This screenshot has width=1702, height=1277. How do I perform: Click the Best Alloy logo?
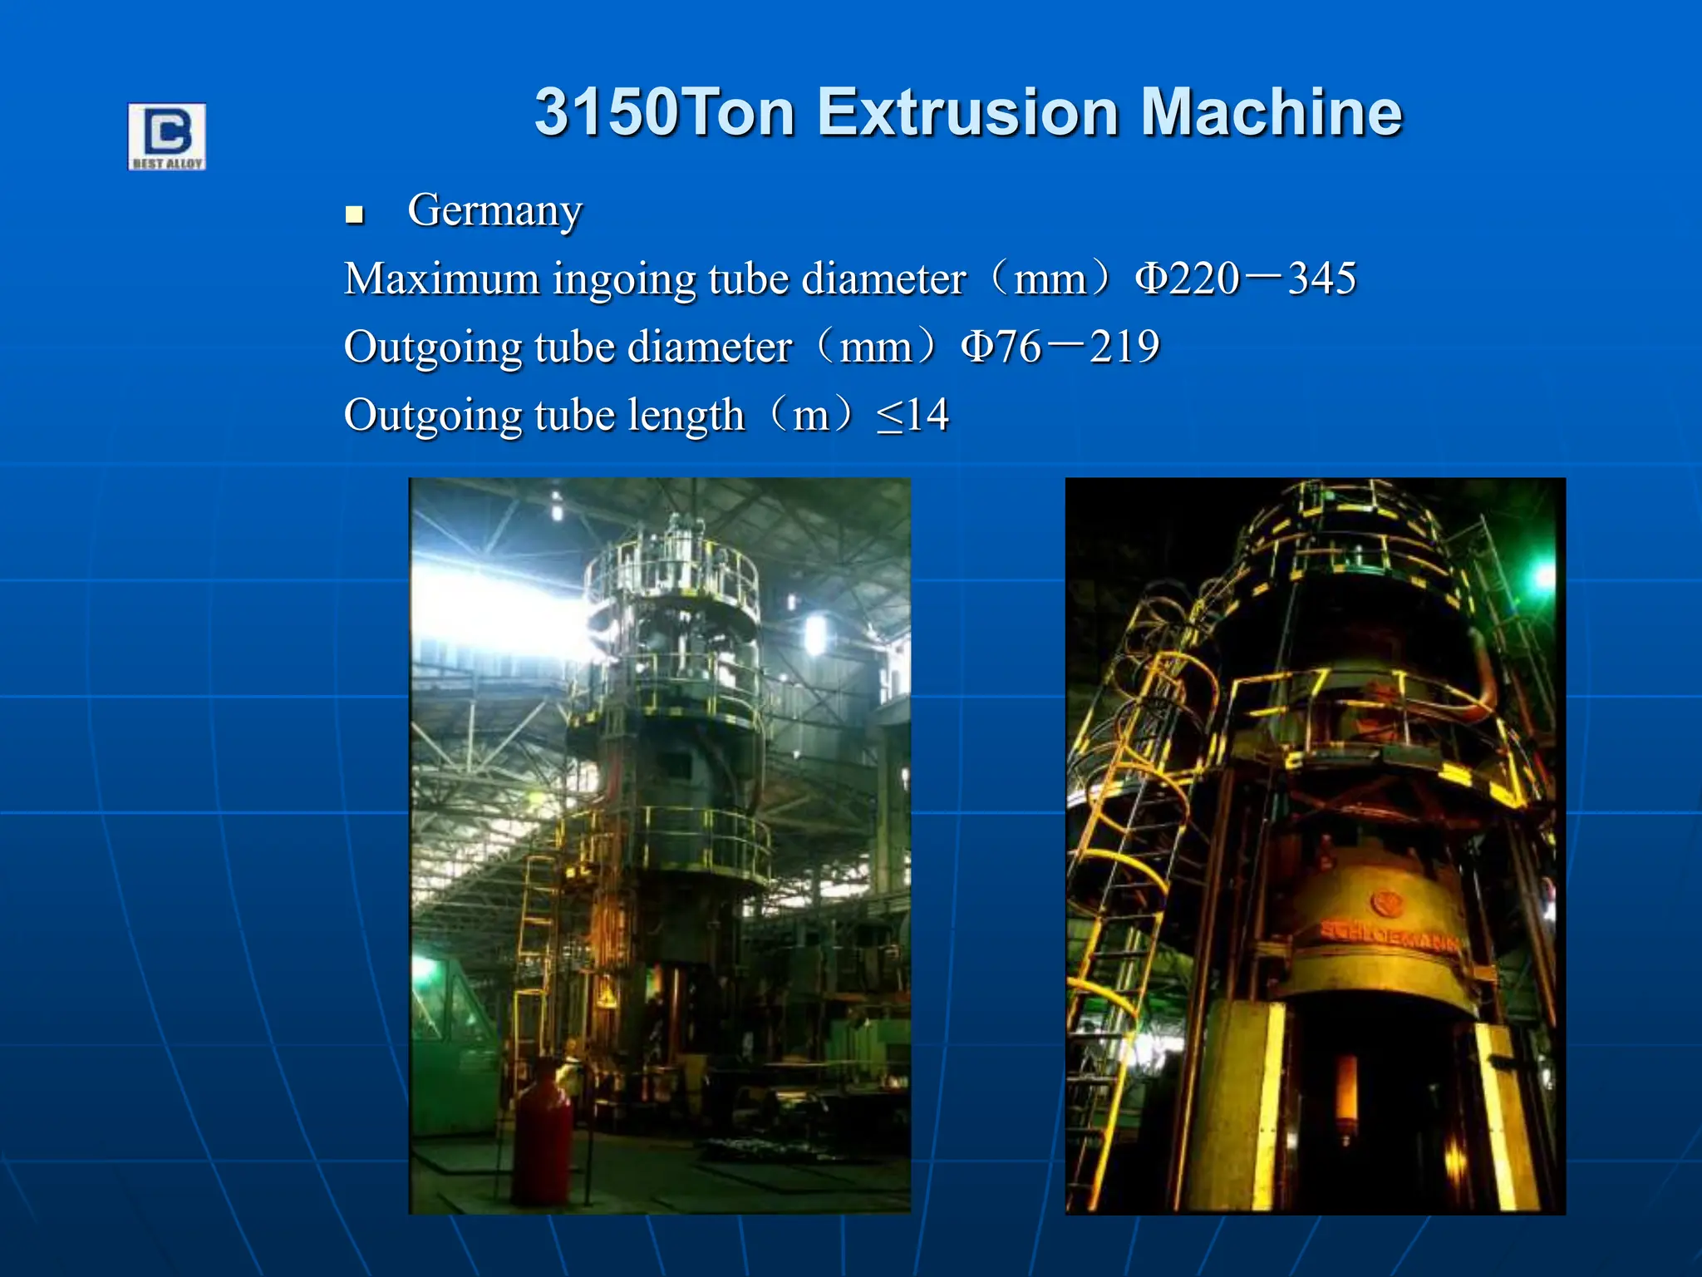[x=166, y=136]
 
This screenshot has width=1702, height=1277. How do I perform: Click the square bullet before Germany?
[x=355, y=214]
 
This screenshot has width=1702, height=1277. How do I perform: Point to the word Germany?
[x=494, y=211]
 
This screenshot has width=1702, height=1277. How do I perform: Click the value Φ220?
[x=1188, y=279]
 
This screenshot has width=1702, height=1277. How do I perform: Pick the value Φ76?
[x=1001, y=347]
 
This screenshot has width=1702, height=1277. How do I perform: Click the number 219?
[x=1124, y=347]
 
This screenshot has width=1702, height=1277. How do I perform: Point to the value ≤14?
[x=912, y=415]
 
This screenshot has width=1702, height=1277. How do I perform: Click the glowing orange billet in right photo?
[x=1345, y=1097]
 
